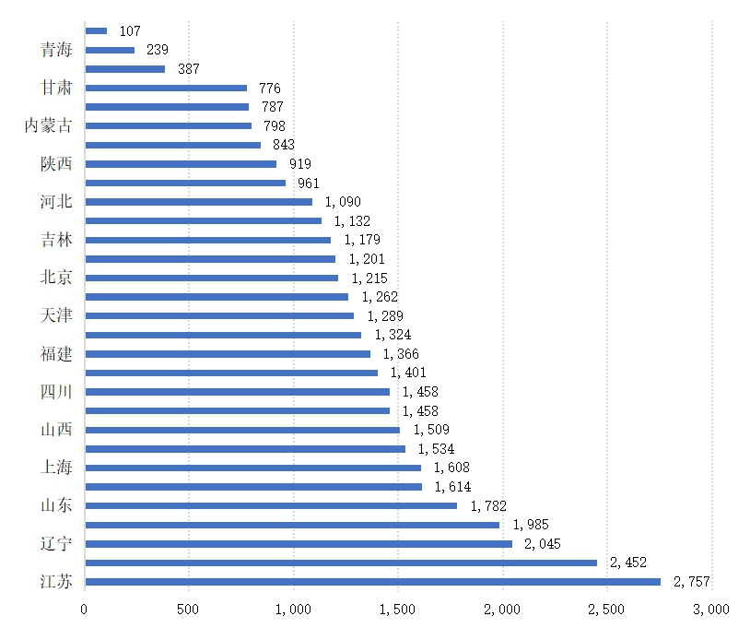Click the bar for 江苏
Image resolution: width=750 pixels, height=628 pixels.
tap(372, 581)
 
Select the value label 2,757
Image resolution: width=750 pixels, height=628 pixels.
tap(692, 581)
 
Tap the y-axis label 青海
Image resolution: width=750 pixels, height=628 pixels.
tap(56, 50)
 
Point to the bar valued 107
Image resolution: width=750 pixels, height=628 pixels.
tap(96, 30)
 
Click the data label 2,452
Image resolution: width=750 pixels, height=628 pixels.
tap(628, 563)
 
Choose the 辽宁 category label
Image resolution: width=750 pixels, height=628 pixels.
tap(56, 543)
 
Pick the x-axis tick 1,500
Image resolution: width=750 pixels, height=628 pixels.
tap(398, 609)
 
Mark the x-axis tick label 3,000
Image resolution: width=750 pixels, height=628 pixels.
tap(711, 609)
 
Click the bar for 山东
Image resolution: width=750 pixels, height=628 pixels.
tap(271, 505)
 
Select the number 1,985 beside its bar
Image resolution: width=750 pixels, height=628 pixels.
tap(531, 525)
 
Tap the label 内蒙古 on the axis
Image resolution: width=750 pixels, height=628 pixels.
tap(48, 125)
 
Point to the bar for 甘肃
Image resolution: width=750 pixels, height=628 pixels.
tap(166, 88)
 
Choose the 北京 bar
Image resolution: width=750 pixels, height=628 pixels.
tap(211, 278)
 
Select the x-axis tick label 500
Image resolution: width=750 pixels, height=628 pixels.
tap(189, 609)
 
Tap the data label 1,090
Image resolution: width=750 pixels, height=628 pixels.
tap(343, 202)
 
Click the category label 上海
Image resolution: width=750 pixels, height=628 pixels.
tap(56, 468)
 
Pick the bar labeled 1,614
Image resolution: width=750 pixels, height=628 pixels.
tap(253, 486)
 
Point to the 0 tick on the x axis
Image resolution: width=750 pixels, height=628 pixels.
tap(84, 609)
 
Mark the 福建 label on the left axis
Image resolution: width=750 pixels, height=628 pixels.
tap(56, 353)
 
